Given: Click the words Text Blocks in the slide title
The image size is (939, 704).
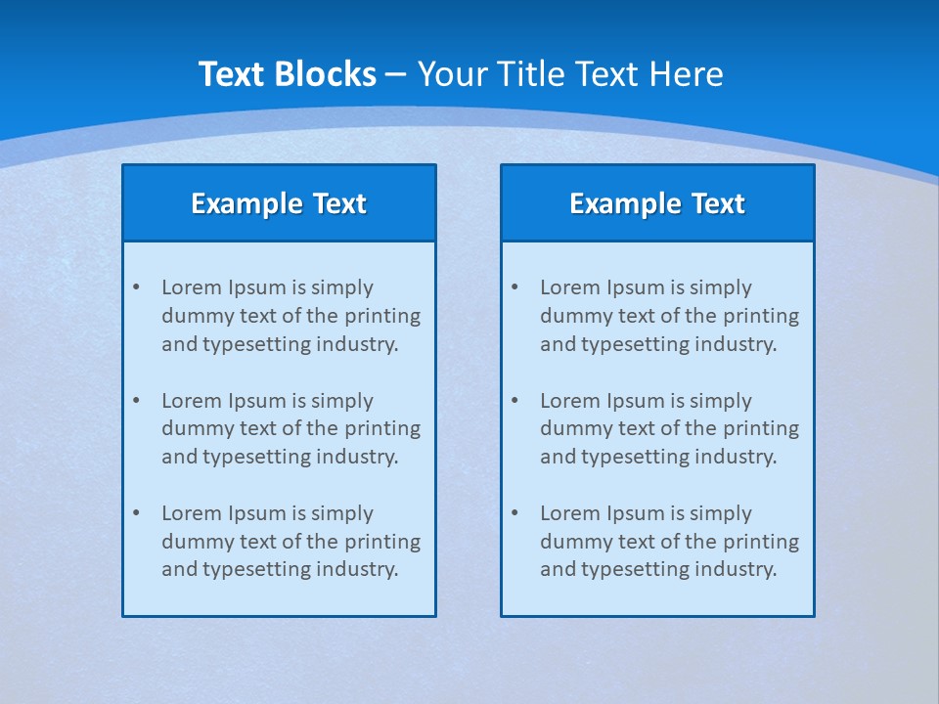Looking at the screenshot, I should tap(287, 74).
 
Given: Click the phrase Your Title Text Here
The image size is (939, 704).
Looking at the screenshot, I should tap(570, 74).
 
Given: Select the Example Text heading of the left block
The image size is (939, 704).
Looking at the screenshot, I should tap(279, 203).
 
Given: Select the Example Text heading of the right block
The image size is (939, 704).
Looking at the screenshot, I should tap(657, 203).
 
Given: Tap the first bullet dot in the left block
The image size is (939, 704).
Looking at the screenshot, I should tap(136, 287).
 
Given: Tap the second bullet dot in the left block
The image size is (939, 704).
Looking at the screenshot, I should tap(136, 401).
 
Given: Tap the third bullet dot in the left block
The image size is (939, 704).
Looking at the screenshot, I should tap(136, 513).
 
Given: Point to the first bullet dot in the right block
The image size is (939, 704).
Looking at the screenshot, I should tap(514, 287).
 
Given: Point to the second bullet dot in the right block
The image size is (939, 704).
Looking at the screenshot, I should tap(514, 401).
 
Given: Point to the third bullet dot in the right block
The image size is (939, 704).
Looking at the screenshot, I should tap(514, 513).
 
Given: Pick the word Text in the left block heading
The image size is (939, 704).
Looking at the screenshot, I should tap(339, 203).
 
